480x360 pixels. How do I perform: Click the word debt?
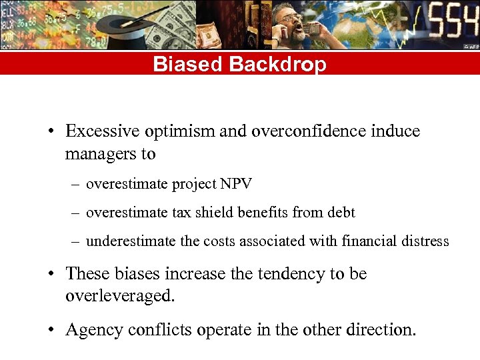tap(341, 213)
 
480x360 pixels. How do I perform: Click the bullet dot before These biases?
tap(51, 275)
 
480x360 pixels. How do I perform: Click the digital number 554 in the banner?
tap(453, 24)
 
